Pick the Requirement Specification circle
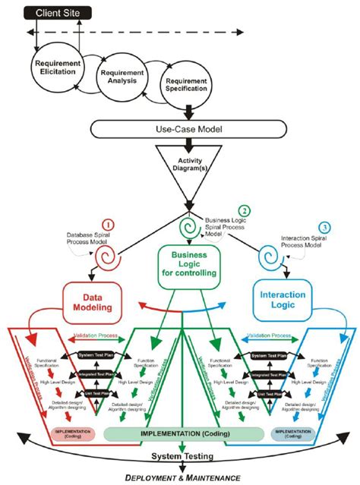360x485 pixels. (180, 86)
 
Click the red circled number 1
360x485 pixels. (108, 225)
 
